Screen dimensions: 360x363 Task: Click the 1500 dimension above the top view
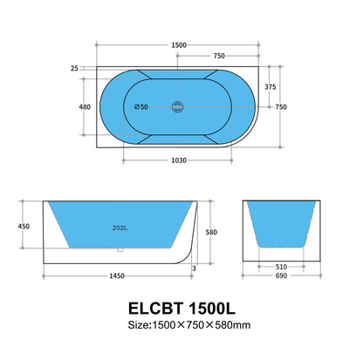coord(178,44)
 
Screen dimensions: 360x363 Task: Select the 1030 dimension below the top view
coord(180,160)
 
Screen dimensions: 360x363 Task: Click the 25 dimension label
coord(75,68)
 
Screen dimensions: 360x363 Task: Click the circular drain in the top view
coord(178,107)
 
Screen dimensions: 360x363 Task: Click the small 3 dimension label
coord(195,269)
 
